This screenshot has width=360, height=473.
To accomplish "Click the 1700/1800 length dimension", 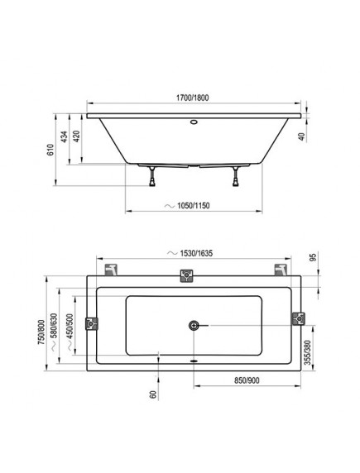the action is click(x=192, y=98).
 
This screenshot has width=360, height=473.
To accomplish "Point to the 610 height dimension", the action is click(x=50, y=150).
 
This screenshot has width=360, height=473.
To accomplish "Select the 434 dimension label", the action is click(x=64, y=136).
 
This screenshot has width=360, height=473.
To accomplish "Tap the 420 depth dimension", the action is click(x=76, y=136).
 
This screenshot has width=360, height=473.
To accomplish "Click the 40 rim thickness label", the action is click(x=302, y=137).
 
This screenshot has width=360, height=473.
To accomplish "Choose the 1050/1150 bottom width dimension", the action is click(x=194, y=206).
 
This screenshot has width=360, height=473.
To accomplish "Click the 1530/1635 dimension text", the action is click(x=196, y=253).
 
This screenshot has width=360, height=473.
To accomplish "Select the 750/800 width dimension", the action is click(x=41, y=332).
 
